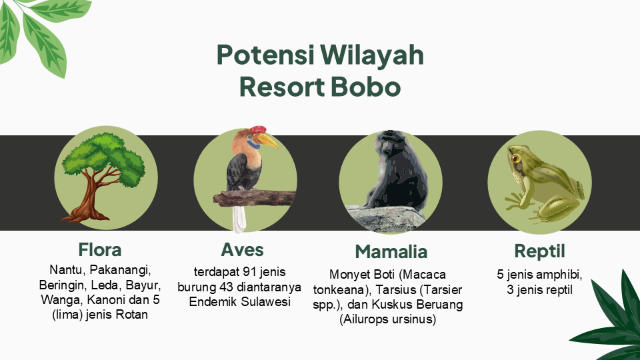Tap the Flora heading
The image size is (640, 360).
tap(99, 249)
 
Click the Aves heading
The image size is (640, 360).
tap(242, 249)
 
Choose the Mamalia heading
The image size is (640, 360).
tap(391, 251)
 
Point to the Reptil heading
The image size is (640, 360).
tap(539, 251)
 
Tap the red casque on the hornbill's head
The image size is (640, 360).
tap(258, 130)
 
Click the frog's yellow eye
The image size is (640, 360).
tap(515, 159)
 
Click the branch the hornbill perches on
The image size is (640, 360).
tap(255, 199)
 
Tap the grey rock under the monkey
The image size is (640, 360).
tap(386, 219)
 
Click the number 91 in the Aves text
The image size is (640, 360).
tap(249, 272)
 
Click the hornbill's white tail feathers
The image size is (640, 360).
tap(239, 219)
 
